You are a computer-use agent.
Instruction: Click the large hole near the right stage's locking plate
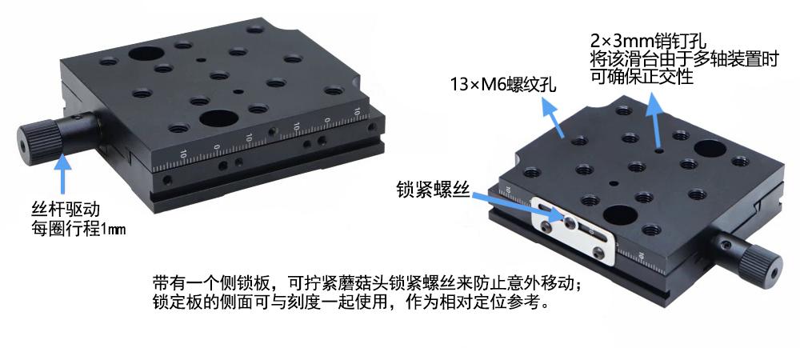(x=618, y=214)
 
